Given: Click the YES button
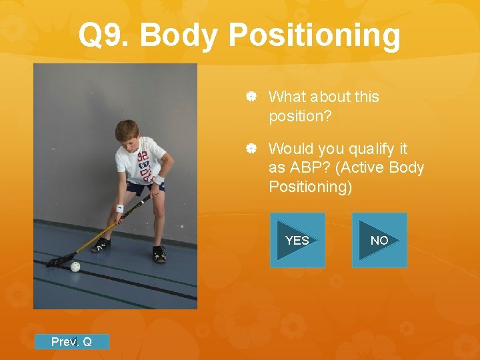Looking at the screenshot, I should (297, 240).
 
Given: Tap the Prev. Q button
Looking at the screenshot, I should (71, 342).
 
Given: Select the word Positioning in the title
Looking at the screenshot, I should (314, 36).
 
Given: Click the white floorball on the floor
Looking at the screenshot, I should (75, 267).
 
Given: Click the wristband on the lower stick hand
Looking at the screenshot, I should (119, 208).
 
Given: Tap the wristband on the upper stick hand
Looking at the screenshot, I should (159, 180).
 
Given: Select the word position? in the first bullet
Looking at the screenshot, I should (299, 116).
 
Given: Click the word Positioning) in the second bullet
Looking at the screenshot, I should (309, 187).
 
